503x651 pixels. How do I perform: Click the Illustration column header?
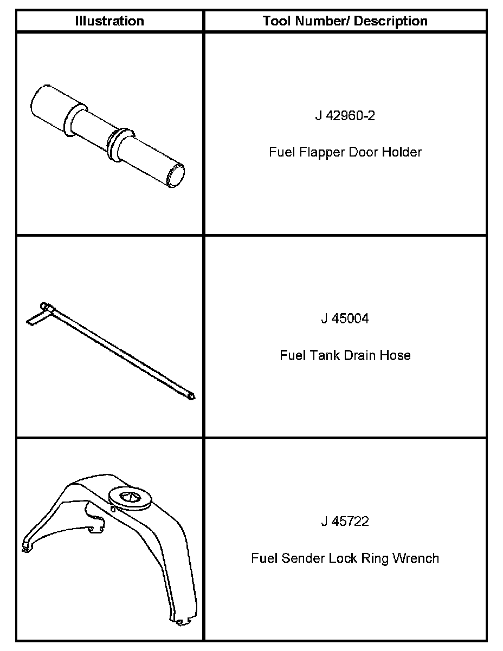[x=109, y=21]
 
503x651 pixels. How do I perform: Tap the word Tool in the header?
[x=275, y=21]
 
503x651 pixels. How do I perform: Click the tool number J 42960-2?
[x=345, y=116]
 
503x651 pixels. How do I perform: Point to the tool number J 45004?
[x=345, y=318]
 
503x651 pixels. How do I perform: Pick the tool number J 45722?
[x=345, y=522]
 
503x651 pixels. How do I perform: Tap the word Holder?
[x=402, y=152]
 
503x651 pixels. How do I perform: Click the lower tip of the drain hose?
[x=191, y=398]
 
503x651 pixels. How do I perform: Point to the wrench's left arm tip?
[x=25, y=548]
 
